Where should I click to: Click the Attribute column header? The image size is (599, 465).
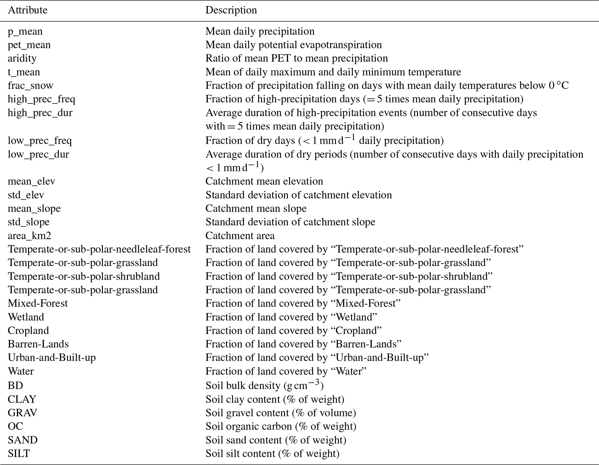(28, 10)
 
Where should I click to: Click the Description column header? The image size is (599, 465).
(231, 10)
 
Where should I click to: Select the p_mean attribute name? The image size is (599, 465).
(25, 31)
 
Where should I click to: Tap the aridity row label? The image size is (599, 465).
(22, 58)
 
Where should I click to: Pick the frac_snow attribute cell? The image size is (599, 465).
(30, 86)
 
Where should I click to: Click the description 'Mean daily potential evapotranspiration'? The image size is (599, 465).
(294, 45)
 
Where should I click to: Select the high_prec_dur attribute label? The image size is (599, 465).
(40, 113)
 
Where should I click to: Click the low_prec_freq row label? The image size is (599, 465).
(40, 141)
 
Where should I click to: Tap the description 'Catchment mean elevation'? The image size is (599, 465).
(264, 181)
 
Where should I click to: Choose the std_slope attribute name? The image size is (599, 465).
(29, 222)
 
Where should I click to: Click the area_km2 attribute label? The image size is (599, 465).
(30, 236)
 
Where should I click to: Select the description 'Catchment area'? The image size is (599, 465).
(240, 236)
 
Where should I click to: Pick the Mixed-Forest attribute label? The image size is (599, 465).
(38, 303)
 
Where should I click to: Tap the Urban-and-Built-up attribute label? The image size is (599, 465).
(52, 358)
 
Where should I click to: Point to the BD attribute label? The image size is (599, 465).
(15, 385)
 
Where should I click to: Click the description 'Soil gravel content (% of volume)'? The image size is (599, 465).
(281, 413)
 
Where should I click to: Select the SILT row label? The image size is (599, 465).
(19, 453)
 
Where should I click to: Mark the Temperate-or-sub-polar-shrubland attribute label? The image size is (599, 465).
(84, 276)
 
